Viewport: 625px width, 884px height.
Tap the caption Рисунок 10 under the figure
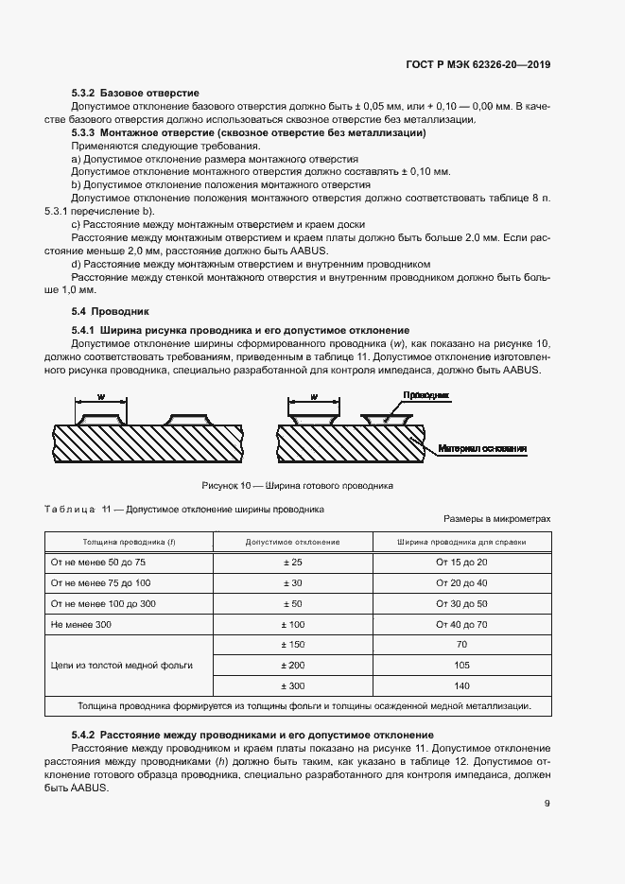pos(297,485)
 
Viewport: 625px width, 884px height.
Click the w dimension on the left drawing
pos(101,397)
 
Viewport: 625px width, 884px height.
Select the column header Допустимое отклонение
pos(292,542)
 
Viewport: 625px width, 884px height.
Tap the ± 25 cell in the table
pos(292,563)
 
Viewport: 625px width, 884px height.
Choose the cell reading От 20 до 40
pos(461,583)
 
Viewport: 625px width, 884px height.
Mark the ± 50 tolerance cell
pos(292,604)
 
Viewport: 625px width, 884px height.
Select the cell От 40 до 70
pos(461,625)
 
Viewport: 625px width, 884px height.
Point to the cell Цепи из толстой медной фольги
pos(122,665)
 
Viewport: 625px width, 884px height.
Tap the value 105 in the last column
pos(461,665)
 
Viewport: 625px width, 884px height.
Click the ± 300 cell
pos(292,685)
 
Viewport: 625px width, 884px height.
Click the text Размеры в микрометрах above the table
pos(495,520)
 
